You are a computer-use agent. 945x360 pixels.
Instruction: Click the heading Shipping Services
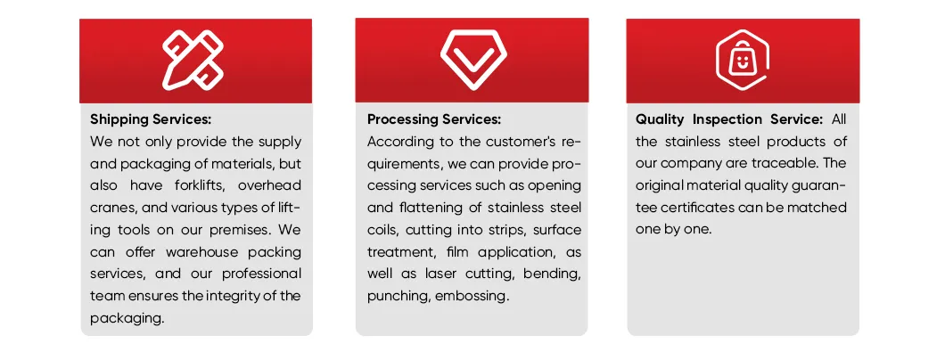click(x=151, y=119)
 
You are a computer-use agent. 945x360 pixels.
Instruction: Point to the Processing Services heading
click(x=434, y=119)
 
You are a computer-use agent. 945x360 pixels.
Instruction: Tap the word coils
click(x=385, y=230)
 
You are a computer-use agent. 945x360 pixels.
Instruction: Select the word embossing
click(x=472, y=296)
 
